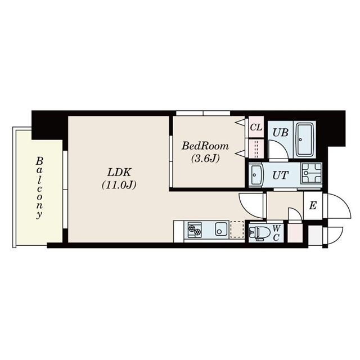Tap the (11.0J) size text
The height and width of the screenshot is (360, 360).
(119, 184)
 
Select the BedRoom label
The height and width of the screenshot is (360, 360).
(205, 146)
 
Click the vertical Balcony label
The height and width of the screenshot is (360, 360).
(40, 187)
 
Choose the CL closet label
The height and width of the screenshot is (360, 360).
(256, 127)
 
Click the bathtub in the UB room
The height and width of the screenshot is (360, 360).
(305, 138)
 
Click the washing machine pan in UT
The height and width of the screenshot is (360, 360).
(311, 174)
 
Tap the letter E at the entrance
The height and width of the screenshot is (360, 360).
(312, 205)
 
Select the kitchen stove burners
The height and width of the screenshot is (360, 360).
(195, 230)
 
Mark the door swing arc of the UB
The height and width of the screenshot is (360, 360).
(277, 149)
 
